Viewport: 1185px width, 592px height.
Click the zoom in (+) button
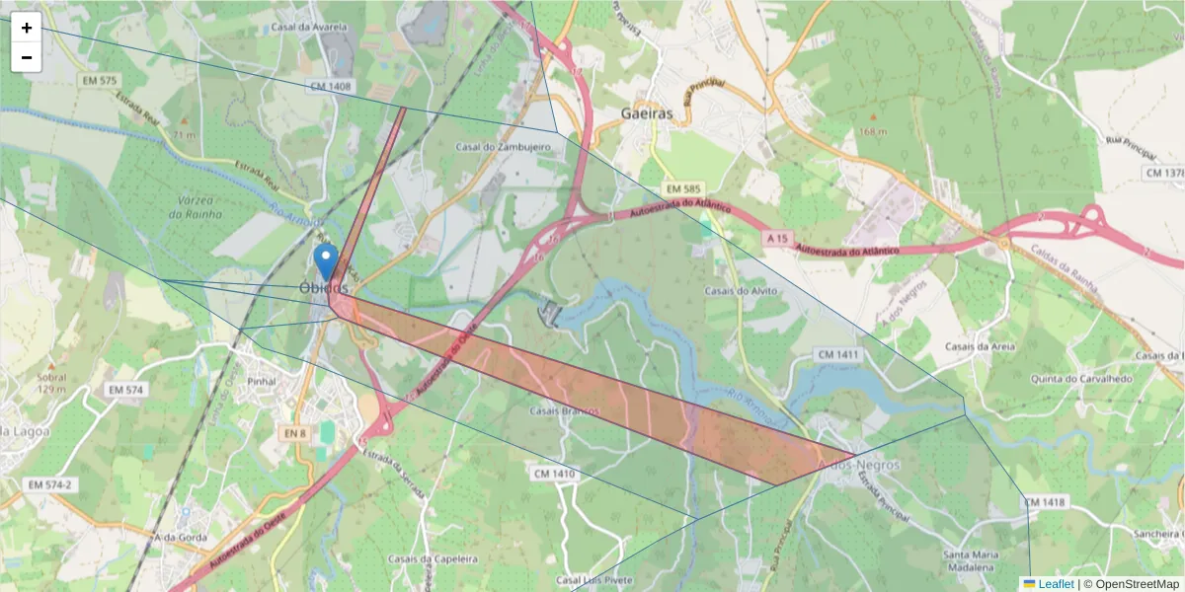pyautogui.click(x=27, y=28)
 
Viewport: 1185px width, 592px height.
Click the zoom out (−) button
pyautogui.click(x=27, y=57)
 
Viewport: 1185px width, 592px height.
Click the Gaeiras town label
pyautogui.click(x=647, y=113)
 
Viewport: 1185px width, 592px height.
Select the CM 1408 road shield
pyautogui.click(x=331, y=87)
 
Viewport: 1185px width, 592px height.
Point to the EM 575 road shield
pyautogui.click(x=101, y=80)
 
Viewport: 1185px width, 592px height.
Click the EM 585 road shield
pyautogui.click(x=683, y=188)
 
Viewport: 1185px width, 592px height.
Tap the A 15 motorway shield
pyautogui.click(x=777, y=239)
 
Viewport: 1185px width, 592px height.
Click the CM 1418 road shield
pyautogui.click(x=1045, y=502)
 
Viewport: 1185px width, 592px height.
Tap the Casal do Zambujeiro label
pyautogui.click(x=503, y=147)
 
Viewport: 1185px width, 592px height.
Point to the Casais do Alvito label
pyautogui.click(x=741, y=291)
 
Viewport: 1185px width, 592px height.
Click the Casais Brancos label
pyautogui.click(x=564, y=410)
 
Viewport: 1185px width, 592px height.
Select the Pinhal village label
pyautogui.click(x=263, y=381)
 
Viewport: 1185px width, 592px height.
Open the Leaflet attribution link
pyautogui.click(x=1056, y=584)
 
